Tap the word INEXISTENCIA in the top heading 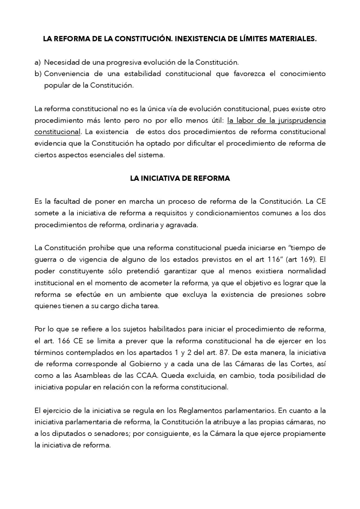tap(199, 39)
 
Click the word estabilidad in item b tap(143, 74)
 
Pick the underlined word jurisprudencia tap(302, 121)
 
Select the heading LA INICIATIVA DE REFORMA tap(180, 178)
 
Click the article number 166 tap(64, 341)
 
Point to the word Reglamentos tap(200, 411)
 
